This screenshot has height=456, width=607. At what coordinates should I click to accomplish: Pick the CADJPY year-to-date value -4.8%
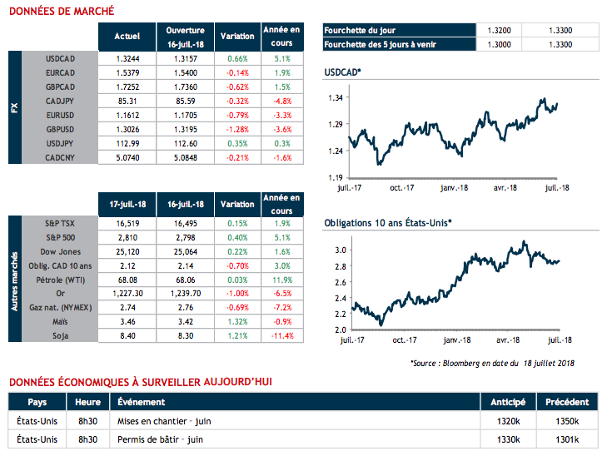281,102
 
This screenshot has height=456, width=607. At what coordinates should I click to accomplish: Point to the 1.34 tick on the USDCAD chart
336,98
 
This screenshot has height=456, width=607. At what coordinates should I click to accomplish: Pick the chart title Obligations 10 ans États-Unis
387,222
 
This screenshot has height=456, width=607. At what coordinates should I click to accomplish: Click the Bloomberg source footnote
492,363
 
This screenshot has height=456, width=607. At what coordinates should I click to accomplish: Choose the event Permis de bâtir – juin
161,439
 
